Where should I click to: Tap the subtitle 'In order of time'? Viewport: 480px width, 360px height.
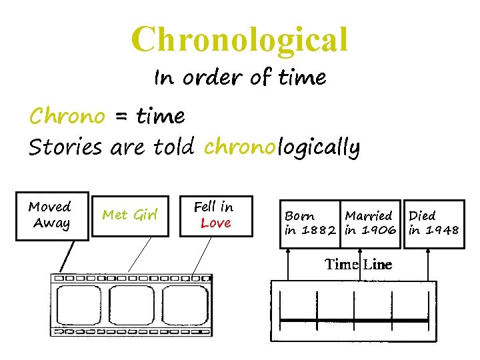pyautogui.click(x=240, y=78)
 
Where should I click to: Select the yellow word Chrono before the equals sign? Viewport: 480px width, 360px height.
pyautogui.click(x=67, y=117)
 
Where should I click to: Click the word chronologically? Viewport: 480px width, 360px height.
pyautogui.click(x=282, y=147)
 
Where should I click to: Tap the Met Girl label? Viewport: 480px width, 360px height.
pyautogui.click(x=130, y=215)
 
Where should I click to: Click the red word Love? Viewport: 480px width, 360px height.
pyautogui.click(x=215, y=223)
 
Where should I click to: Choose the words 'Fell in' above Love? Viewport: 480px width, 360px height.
pyautogui.click(x=213, y=207)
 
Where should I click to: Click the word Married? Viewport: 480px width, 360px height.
pyautogui.click(x=369, y=216)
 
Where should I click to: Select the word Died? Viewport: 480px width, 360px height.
pyautogui.click(x=422, y=216)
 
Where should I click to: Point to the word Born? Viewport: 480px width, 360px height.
pyautogui.click(x=299, y=216)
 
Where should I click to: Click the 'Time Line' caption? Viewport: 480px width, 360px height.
pyautogui.click(x=358, y=265)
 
